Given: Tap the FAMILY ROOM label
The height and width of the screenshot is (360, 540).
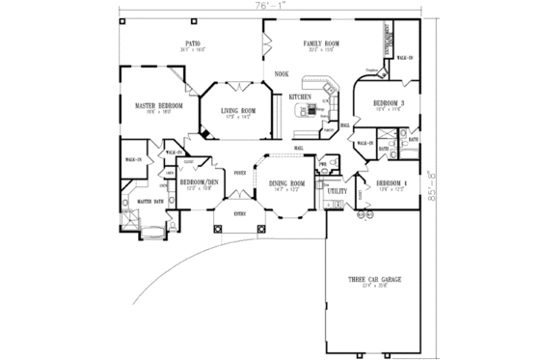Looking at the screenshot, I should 317,43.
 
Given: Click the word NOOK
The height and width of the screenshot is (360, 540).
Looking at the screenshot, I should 281,74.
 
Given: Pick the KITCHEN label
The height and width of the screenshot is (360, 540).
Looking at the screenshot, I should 300,97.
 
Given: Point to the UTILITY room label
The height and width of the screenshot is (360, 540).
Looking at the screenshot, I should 337,192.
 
